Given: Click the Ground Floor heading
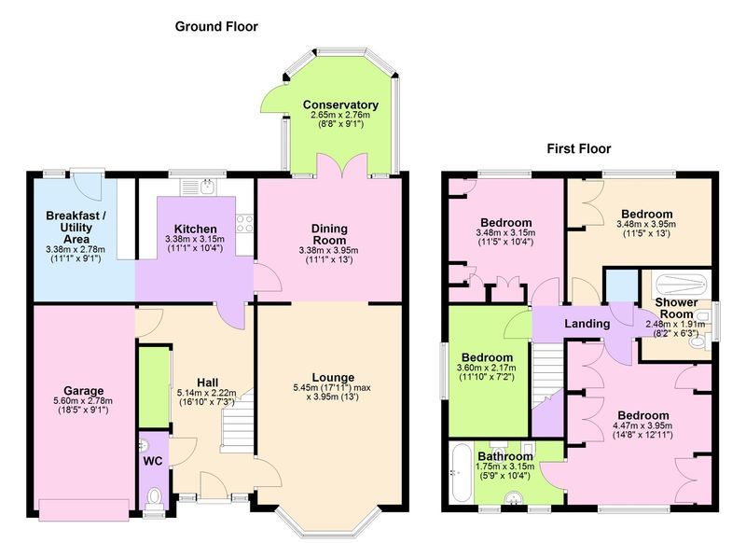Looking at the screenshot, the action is pyautogui.click(x=216, y=27).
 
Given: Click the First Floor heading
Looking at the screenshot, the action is pyautogui.click(x=578, y=149).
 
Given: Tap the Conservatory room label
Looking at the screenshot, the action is pyautogui.click(x=340, y=104).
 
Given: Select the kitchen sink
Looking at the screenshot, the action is pyautogui.click(x=199, y=187).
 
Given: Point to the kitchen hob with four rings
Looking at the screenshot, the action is pyautogui.click(x=244, y=223).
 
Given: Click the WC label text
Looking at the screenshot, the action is pyautogui.click(x=153, y=461).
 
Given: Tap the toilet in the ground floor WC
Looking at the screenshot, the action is pyautogui.click(x=154, y=497).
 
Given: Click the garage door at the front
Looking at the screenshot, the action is pyautogui.click(x=84, y=509).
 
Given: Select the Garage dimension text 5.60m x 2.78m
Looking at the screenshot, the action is pyautogui.click(x=83, y=401).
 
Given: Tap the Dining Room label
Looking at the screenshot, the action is pyautogui.click(x=330, y=234).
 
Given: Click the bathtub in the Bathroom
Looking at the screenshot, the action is pyautogui.click(x=461, y=472).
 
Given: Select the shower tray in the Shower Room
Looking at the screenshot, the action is pyautogui.click(x=681, y=285).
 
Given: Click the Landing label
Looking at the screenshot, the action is pyautogui.click(x=587, y=324).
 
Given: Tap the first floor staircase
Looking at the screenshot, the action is pyautogui.click(x=547, y=376).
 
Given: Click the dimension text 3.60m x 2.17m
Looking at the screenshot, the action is pyautogui.click(x=486, y=368).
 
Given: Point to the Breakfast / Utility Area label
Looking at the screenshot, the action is pyautogui.click(x=76, y=228).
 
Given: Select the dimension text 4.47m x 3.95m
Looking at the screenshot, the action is pyautogui.click(x=642, y=426).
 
